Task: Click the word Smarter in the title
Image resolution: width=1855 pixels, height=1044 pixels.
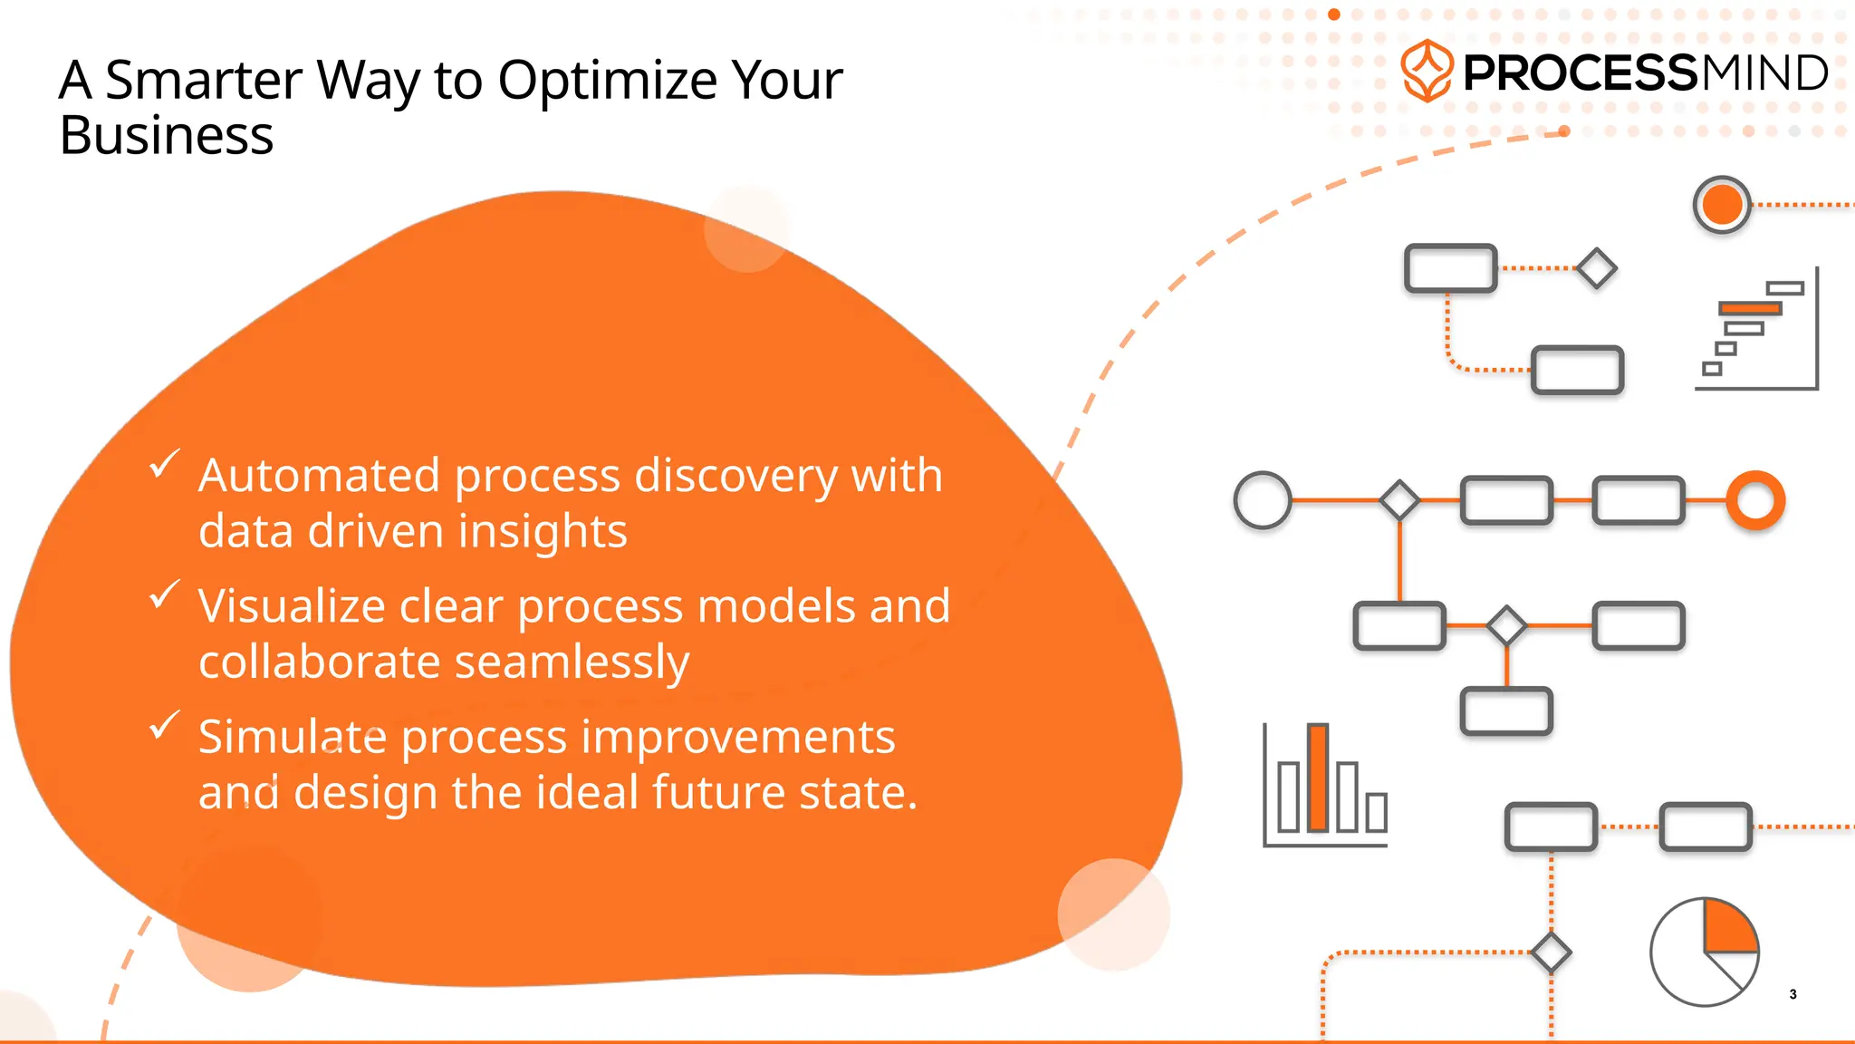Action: click(x=204, y=80)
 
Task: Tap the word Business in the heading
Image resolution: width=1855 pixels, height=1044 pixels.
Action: click(x=166, y=137)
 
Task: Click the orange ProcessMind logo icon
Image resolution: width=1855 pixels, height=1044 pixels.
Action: click(x=1427, y=71)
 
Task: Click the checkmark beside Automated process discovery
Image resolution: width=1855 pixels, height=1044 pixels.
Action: click(x=164, y=464)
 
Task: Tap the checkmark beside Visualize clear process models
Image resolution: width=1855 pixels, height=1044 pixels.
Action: click(x=164, y=594)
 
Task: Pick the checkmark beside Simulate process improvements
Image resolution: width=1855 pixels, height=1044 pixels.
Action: click(x=164, y=725)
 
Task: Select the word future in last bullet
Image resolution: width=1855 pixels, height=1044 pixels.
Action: click(x=709, y=792)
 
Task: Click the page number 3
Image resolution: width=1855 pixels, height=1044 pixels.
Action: click(x=1793, y=994)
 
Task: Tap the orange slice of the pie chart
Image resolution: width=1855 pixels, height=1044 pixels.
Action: click(x=1728, y=928)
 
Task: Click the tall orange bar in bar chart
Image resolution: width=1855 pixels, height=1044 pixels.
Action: click(x=1318, y=778)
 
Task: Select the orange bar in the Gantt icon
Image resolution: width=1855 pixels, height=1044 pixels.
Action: click(x=1750, y=309)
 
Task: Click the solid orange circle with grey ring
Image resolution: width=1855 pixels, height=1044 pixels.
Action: click(x=1721, y=205)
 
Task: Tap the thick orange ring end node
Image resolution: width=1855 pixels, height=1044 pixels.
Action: click(x=1755, y=500)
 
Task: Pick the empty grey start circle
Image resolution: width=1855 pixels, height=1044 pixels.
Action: click(x=1263, y=500)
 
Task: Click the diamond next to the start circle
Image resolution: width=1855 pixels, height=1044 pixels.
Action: click(x=1399, y=500)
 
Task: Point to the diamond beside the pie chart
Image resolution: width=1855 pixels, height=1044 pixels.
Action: click(x=1551, y=952)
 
